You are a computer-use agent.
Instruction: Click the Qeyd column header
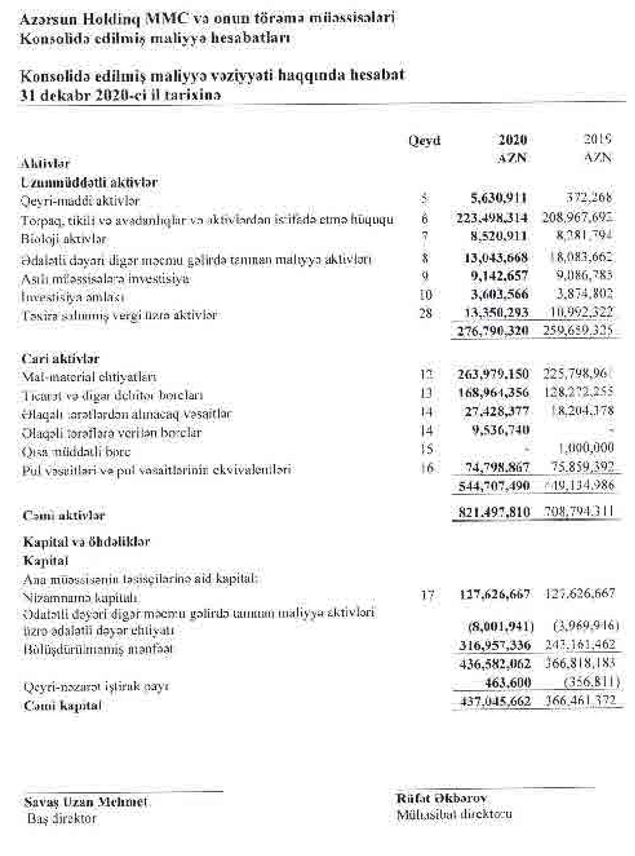(x=425, y=140)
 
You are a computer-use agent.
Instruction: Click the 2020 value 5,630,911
(x=498, y=199)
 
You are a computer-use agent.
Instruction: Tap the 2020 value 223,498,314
(x=492, y=218)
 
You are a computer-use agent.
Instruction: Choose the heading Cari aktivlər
(x=60, y=358)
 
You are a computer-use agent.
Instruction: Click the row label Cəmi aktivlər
(x=64, y=516)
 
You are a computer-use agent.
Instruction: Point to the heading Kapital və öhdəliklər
(x=86, y=542)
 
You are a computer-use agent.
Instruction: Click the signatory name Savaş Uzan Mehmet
(x=86, y=802)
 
